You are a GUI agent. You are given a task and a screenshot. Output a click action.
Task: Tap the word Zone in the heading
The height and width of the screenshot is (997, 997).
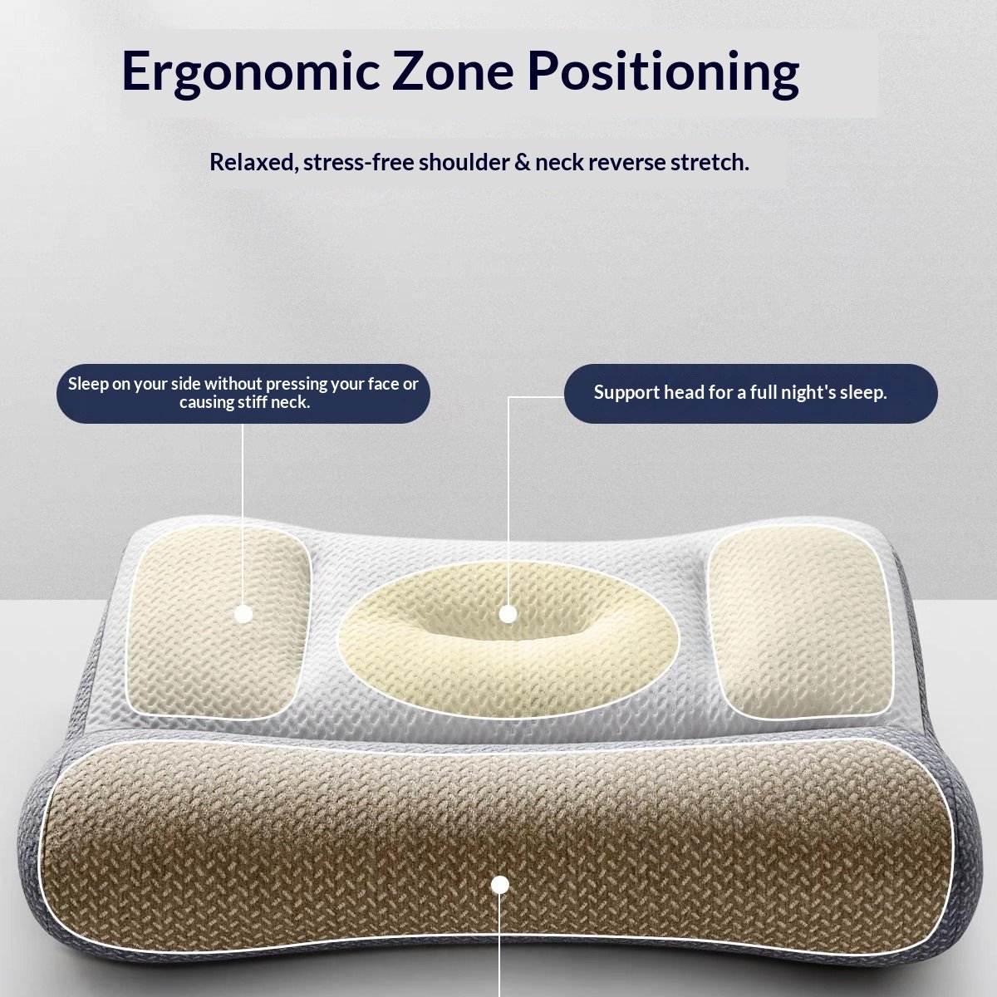tap(453, 71)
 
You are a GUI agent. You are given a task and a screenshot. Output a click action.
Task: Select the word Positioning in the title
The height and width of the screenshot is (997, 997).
tap(664, 72)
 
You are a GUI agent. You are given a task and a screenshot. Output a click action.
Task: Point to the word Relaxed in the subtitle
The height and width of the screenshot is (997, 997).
tap(253, 163)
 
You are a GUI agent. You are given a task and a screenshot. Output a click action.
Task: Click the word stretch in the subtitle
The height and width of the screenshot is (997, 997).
tap(710, 163)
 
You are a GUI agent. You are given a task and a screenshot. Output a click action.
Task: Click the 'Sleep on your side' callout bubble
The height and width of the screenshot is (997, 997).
tap(243, 393)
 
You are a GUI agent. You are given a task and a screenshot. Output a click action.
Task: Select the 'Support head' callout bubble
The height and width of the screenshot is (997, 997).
tap(751, 393)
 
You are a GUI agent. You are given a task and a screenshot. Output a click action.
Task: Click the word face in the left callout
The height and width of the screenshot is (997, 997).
tap(379, 384)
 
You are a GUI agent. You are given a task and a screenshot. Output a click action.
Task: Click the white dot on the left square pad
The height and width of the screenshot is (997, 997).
tap(243, 614)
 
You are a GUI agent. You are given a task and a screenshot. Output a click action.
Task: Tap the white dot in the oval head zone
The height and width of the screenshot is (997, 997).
tap(508, 614)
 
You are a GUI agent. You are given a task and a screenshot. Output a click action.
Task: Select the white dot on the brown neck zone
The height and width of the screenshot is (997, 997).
tap(499, 885)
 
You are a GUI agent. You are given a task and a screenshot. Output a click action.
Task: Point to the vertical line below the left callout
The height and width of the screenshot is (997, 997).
tap(243, 514)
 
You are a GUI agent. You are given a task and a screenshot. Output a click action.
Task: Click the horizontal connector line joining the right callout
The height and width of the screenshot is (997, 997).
tap(536, 397)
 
